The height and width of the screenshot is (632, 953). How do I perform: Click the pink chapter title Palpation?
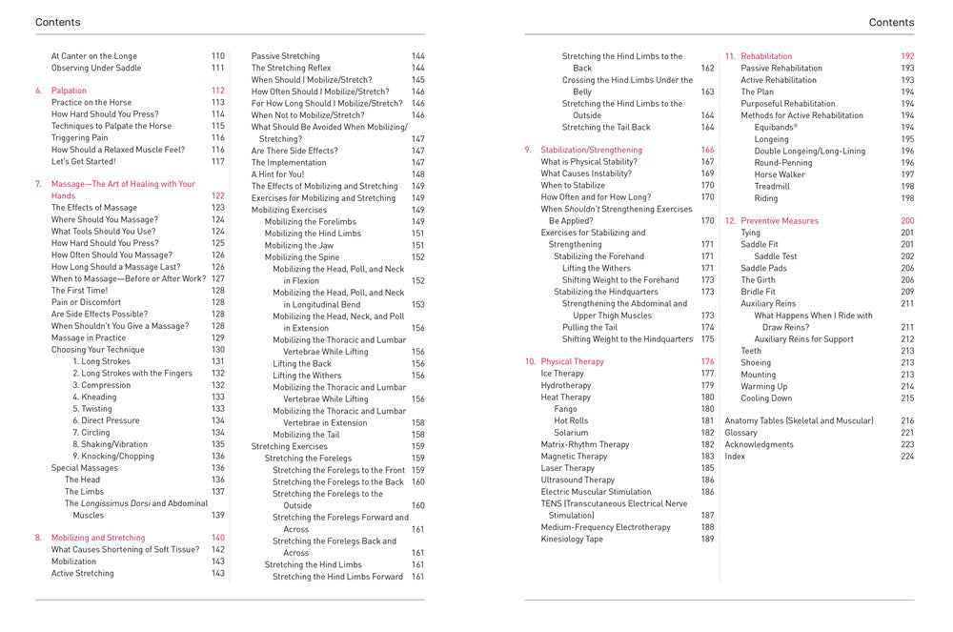tap(69, 91)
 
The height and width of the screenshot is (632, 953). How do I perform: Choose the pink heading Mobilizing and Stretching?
tap(98, 538)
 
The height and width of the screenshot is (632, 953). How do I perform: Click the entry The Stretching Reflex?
tap(290, 69)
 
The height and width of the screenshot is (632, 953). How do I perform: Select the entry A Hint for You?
tap(278, 174)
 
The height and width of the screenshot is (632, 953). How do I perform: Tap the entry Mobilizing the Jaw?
tap(299, 245)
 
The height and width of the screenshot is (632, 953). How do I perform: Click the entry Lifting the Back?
tap(302, 363)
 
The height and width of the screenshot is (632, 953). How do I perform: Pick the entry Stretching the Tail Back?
tap(606, 127)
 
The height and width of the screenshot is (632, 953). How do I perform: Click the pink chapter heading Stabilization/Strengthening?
tap(591, 151)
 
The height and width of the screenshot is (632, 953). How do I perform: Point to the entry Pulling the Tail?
tap(590, 327)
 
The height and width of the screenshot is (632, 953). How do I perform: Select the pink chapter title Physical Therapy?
tap(574, 362)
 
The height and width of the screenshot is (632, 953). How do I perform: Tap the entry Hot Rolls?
tap(571, 420)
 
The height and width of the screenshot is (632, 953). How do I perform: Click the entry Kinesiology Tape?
tap(572, 540)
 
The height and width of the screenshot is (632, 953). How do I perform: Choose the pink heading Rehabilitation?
tap(766, 56)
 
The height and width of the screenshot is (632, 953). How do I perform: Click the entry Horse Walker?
tap(780, 174)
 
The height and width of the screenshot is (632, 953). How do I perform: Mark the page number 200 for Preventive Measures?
tap(907, 221)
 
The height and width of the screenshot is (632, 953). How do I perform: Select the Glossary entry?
tap(741, 433)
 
